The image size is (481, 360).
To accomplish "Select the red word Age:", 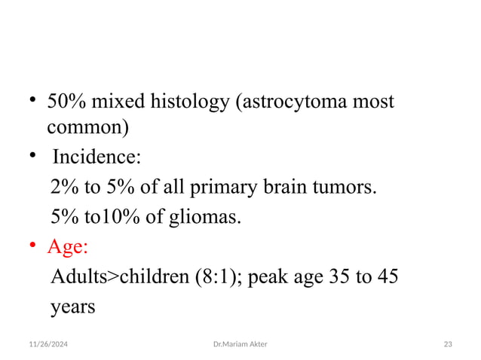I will pos(68,247).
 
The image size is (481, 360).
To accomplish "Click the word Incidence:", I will pos(96,159).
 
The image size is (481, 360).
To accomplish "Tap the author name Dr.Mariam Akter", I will pos(240,343).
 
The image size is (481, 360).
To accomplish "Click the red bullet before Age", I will pos(33,247).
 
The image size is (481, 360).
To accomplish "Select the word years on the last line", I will pos(72,307).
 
